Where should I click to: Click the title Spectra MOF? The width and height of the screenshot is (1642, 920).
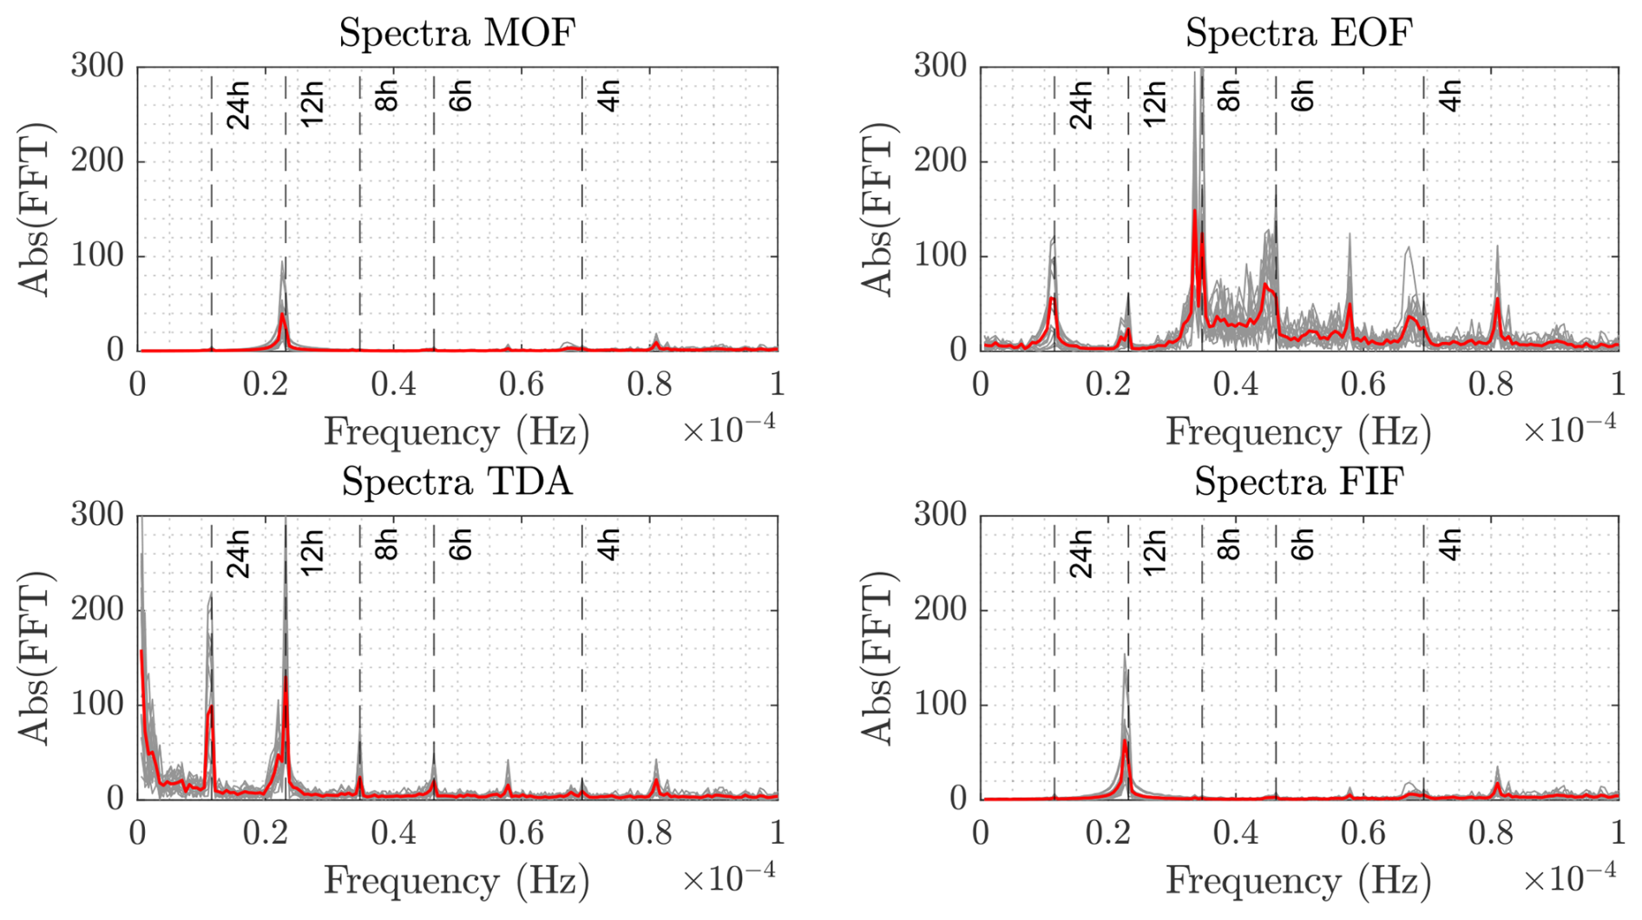[x=456, y=34]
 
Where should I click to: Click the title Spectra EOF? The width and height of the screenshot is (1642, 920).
[x=1298, y=34]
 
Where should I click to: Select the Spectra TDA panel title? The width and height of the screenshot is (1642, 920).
[x=456, y=482]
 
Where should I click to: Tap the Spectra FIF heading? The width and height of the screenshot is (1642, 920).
[x=1298, y=482]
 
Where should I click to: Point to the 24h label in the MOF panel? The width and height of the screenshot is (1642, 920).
[x=238, y=105]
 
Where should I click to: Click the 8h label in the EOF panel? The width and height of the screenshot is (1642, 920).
[x=1228, y=95]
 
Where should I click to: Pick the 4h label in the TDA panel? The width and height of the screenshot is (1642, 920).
[x=609, y=544]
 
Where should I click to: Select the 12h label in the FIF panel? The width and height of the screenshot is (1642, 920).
[x=1153, y=553]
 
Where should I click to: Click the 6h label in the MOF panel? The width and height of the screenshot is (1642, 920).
[x=460, y=95]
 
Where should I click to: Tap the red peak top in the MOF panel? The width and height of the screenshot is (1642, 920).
[x=283, y=314]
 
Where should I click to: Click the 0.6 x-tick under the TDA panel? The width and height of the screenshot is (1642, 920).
[x=522, y=833]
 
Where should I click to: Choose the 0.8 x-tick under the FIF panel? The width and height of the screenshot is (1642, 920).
[x=1491, y=833]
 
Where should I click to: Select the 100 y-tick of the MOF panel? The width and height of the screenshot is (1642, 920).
[x=97, y=256]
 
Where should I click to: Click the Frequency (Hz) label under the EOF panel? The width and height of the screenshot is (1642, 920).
[x=1298, y=432]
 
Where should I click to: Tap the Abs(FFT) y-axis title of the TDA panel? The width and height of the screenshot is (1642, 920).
[x=35, y=658]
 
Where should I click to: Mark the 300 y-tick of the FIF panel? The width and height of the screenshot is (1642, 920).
[x=940, y=515]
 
